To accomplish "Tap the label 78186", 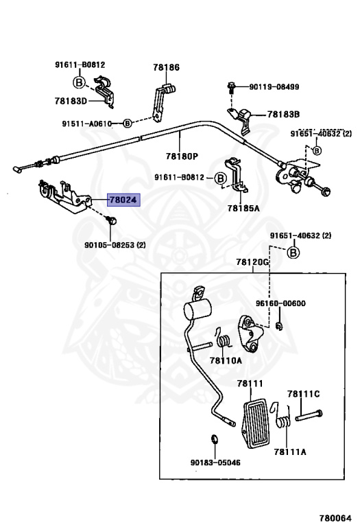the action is pos(166,67).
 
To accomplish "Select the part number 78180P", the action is pos(182,156).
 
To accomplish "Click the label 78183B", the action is pos(283,115).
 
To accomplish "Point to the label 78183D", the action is pos(71,101).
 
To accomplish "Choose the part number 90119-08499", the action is pos(274,86).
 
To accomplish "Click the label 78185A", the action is pos(243,209).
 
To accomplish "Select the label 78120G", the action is pos(252,262).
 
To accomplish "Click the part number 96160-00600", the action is pos(280,303).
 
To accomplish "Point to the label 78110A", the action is pos(226,361).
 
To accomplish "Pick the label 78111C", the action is pos(303,394).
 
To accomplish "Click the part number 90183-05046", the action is pos(215,462).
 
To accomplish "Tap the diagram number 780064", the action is pos(335,518).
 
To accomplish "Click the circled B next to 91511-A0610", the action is pos(128,124).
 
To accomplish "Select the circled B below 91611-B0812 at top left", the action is pos(79,82).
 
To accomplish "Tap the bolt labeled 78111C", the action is pos(309,415).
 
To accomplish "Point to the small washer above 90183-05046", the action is pos(214,438).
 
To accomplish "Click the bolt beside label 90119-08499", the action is pos(231,86).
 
